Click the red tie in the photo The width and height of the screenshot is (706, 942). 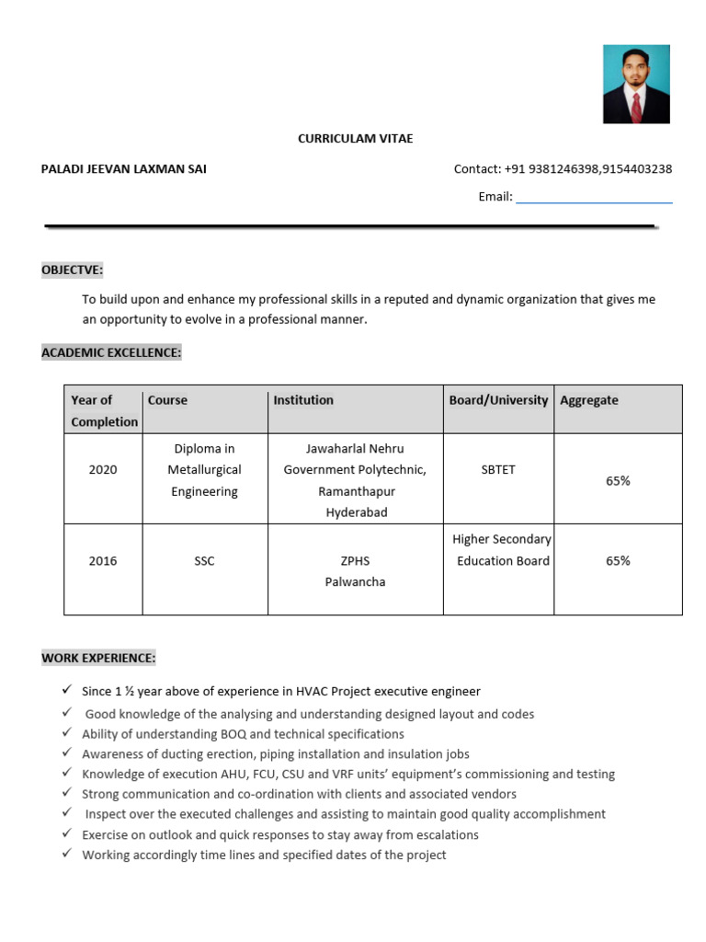pyautogui.click(x=636, y=106)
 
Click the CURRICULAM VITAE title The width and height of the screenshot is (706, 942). pyautogui.click(x=355, y=138)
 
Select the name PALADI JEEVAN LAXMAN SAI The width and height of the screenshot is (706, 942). pyautogui.click(x=124, y=168)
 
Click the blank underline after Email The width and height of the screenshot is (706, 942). pyautogui.click(x=594, y=197)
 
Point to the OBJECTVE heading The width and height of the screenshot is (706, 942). pyautogui.click(x=73, y=270)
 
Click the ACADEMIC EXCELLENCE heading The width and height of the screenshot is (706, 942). pyautogui.click(x=111, y=352)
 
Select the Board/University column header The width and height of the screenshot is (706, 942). pyautogui.click(x=498, y=400)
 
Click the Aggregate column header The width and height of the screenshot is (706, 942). pyautogui.click(x=588, y=400)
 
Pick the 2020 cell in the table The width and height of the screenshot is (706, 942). pyautogui.click(x=103, y=470)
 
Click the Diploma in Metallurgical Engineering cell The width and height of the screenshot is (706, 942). pyautogui.click(x=204, y=470)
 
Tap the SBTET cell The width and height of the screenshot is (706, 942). pyautogui.click(x=498, y=470)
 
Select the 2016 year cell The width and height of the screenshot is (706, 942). pyautogui.click(x=103, y=561)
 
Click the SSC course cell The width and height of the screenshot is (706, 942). pyautogui.click(x=204, y=561)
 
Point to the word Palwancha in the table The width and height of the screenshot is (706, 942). pyautogui.click(x=355, y=582)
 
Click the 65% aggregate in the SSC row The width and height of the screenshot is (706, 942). pyautogui.click(x=618, y=561)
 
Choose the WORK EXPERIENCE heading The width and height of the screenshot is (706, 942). pyautogui.click(x=98, y=658)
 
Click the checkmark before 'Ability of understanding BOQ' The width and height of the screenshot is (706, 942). pyautogui.click(x=67, y=733)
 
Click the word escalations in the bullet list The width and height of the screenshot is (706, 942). pyautogui.click(x=438, y=835)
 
